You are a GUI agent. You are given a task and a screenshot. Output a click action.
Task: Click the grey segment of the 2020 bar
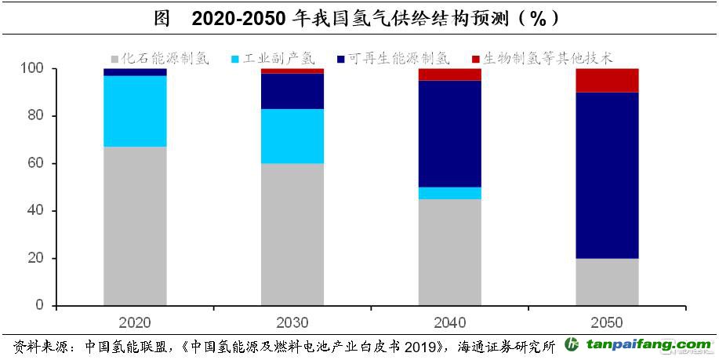pyautogui.click(x=135, y=226)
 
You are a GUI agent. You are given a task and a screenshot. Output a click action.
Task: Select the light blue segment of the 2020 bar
pyautogui.click(x=135, y=111)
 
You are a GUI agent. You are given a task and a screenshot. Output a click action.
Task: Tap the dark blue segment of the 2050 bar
pyautogui.click(x=607, y=175)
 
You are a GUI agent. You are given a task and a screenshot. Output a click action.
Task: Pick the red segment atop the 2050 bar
pyautogui.click(x=607, y=80)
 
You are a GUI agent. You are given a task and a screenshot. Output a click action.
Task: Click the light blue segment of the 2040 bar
pyautogui.click(x=449, y=193)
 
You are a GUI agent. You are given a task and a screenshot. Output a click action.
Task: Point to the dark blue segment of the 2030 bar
pyautogui.click(x=292, y=91)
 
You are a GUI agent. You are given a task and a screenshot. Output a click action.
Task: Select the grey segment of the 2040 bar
pyautogui.click(x=449, y=252)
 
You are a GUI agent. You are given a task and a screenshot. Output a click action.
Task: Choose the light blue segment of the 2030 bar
pyautogui.click(x=292, y=136)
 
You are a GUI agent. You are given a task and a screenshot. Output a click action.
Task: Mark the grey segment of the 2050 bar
pyautogui.click(x=607, y=282)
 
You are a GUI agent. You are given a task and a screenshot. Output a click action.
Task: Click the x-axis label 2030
pyautogui.click(x=292, y=322)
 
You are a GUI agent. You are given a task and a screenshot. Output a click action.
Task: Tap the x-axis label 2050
pyautogui.click(x=607, y=322)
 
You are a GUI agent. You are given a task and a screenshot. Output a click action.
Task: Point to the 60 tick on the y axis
pyautogui.click(x=39, y=164)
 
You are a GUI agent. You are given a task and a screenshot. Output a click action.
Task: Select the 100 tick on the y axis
pyautogui.click(x=35, y=69)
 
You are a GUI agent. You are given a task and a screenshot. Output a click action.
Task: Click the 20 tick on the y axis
pyautogui.click(x=39, y=258)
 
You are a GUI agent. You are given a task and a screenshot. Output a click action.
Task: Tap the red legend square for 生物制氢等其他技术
pyautogui.click(x=476, y=59)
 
